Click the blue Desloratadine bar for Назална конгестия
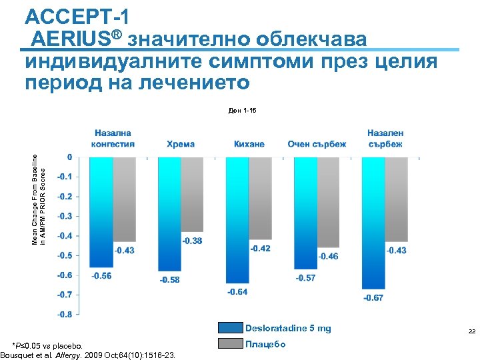[102, 212]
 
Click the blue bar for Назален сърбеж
[373, 223]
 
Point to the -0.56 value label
[101, 275]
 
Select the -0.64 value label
[237, 291]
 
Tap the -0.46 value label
[328, 256]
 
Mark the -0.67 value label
[373, 297]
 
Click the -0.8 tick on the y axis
[65, 314]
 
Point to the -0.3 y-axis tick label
[65, 216]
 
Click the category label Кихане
[249, 144]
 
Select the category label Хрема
[181, 144]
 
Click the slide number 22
[471, 331]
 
